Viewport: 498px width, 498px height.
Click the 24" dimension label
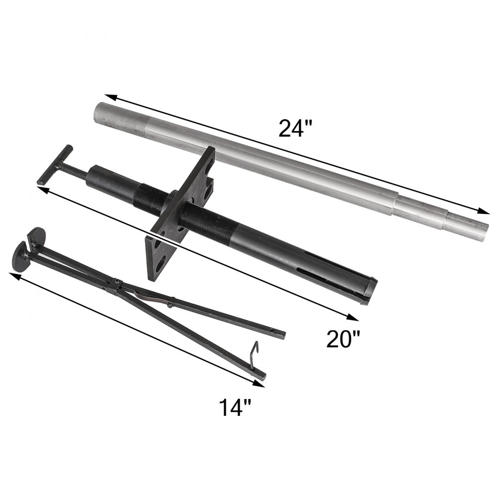(294, 128)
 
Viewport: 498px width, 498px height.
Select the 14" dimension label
(234, 408)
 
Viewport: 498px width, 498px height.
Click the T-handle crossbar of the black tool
(55, 165)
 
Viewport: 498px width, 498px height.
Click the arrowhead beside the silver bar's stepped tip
(484, 211)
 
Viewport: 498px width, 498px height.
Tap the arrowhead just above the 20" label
(352, 318)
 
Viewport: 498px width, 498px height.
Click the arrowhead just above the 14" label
(258, 383)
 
